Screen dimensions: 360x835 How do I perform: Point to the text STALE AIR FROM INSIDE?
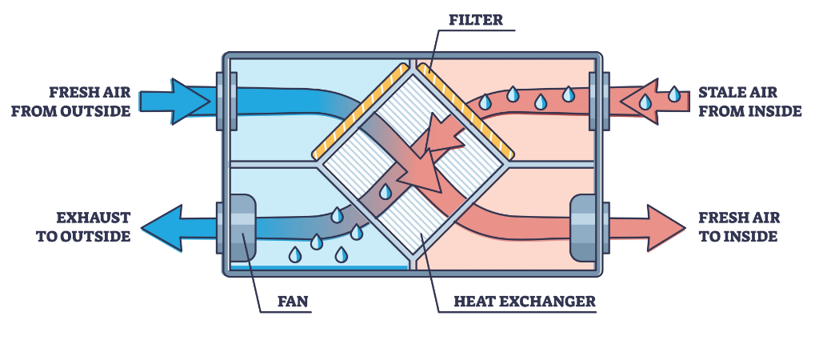(x=749, y=101)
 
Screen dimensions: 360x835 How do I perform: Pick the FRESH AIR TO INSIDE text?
(x=739, y=226)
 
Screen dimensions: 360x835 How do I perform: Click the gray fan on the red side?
(x=583, y=227)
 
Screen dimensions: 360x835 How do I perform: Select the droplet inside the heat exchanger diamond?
(x=386, y=192)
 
